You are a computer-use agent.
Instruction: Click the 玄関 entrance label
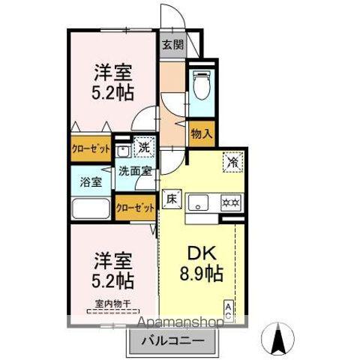[172, 44]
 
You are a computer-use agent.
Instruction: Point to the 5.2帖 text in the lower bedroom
[114, 281]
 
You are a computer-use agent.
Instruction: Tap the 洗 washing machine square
[142, 148]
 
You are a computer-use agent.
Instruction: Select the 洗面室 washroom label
[135, 171]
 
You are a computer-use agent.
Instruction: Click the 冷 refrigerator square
[233, 160]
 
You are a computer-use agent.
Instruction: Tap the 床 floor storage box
[171, 199]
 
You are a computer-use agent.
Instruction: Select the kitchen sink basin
[199, 202]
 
